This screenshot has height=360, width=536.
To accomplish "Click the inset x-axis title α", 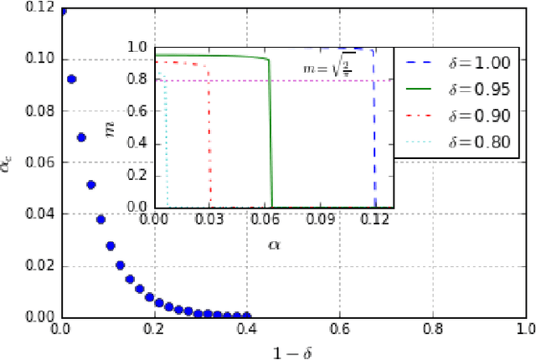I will [274, 244].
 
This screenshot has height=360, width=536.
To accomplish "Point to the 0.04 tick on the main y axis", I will [42, 214].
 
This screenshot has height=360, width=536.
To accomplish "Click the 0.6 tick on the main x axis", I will [339, 329].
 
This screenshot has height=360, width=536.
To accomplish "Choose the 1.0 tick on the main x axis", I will [524, 329].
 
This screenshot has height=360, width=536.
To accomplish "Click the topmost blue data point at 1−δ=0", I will [62, 11].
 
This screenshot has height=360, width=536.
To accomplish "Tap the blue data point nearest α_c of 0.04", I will [100, 220].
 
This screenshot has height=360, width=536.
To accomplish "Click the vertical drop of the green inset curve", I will [271, 134].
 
